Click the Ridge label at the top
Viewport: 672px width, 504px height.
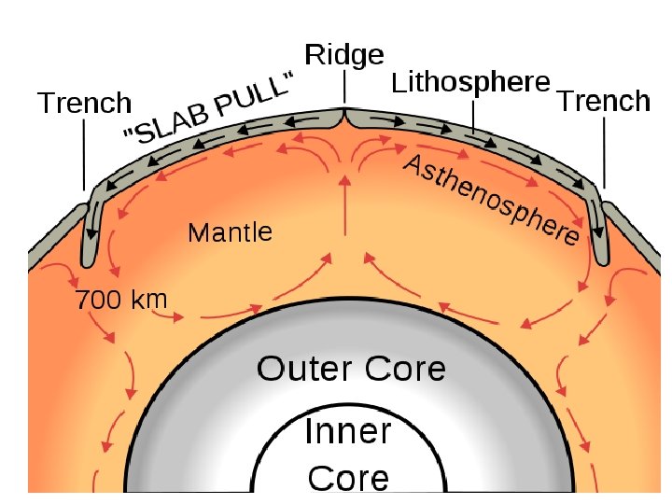(344, 55)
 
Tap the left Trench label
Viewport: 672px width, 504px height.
(84, 103)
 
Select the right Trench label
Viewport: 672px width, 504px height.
(603, 101)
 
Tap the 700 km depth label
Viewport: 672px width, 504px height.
(120, 301)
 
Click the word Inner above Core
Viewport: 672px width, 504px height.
(348, 433)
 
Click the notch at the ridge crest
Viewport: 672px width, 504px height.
(344, 114)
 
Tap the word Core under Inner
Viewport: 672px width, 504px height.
(348, 478)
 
